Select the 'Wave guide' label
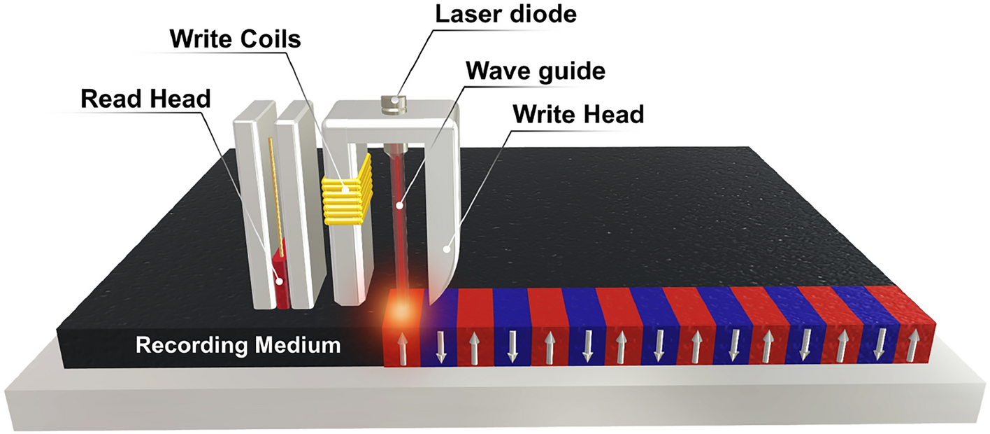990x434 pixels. click(x=536, y=71)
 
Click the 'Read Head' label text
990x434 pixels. click(x=145, y=99)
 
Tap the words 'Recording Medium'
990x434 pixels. click(x=238, y=345)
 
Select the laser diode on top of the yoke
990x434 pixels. click(x=396, y=104)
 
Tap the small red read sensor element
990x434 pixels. click(x=280, y=280)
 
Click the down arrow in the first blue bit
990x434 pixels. click(x=440, y=346)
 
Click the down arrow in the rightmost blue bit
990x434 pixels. click(x=880, y=344)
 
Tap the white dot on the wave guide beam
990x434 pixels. click(x=400, y=206)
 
